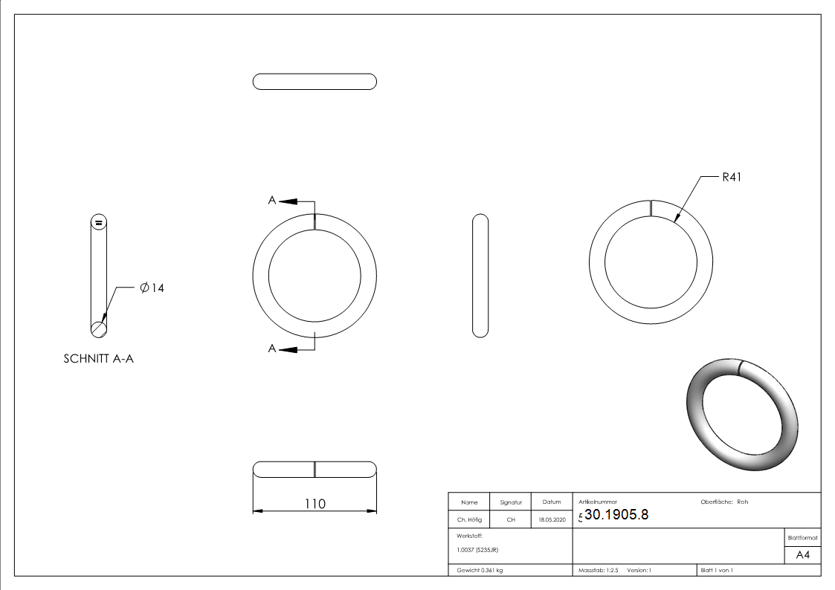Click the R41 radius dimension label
point(731,177)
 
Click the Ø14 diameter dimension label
point(152,288)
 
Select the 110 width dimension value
point(315,503)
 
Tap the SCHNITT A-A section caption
point(98,359)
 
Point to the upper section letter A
point(272,201)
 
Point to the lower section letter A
point(272,349)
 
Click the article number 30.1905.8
point(616,514)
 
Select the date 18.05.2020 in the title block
point(552,519)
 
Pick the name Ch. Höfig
point(469,519)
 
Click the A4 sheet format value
point(802,555)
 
